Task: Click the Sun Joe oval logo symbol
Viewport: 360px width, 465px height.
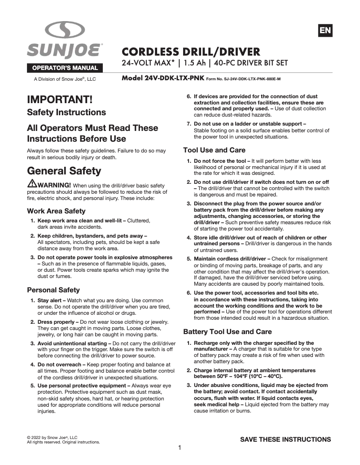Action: tap(65, 30)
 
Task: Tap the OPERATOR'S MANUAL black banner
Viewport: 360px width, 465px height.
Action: tap(65, 68)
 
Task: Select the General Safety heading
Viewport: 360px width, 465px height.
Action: tap(64, 171)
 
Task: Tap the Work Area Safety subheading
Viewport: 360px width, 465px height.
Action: tap(57, 211)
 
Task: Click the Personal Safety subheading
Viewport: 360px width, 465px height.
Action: tap(53, 290)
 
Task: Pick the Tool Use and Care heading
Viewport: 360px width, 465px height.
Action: tap(215, 150)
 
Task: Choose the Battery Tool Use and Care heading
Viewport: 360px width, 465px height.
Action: tap(228, 332)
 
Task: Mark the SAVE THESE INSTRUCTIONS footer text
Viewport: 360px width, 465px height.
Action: tap(285, 439)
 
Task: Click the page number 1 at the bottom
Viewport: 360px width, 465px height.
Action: tap(180, 448)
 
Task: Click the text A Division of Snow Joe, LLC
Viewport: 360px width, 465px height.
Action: tap(65, 79)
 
